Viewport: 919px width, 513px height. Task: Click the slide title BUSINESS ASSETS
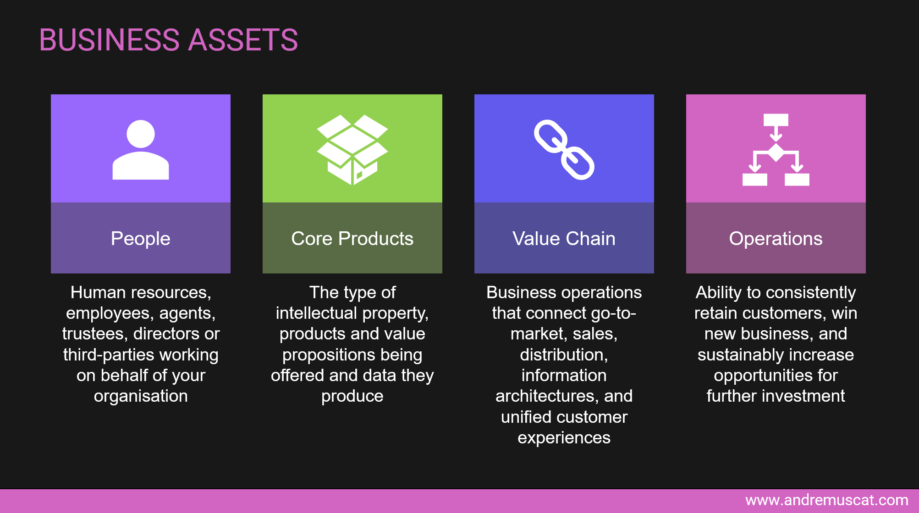168,40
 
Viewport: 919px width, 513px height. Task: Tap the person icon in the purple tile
141,150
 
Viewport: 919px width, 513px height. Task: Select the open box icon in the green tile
352,150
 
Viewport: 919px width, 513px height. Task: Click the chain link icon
564,150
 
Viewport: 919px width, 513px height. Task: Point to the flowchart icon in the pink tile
776,150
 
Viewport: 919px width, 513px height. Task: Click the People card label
141,239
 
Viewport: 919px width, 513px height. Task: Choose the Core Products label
352,239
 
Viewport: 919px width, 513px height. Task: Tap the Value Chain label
564,239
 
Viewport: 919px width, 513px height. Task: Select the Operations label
776,239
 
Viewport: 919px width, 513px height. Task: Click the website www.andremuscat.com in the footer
826,500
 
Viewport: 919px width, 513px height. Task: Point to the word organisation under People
141,396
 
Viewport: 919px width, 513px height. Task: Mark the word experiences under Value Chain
564,438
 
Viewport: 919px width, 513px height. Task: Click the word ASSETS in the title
243,40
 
